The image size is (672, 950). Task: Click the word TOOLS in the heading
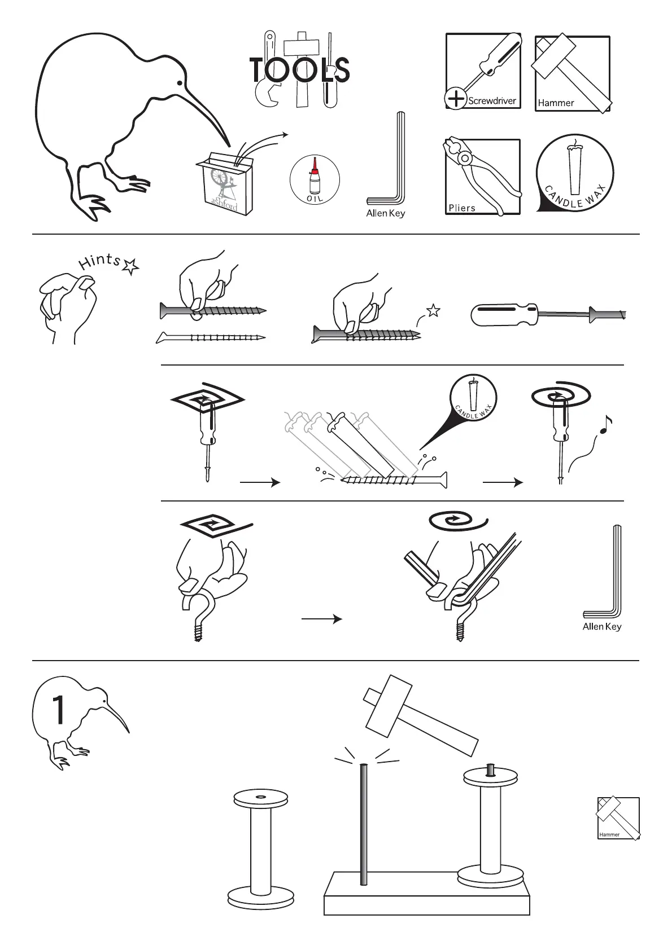(x=300, y=71)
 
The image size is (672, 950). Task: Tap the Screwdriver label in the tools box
(x=492, y=101)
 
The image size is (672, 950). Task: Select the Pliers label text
(x=462, y=208)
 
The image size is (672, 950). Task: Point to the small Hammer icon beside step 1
(x=618, y=818)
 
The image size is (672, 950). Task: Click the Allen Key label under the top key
(x=386, y=214)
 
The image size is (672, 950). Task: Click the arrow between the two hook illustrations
(x=322, y=619)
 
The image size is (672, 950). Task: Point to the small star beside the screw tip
(x=433, y=310)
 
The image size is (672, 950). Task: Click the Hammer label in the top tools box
(x=556, y=103)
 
